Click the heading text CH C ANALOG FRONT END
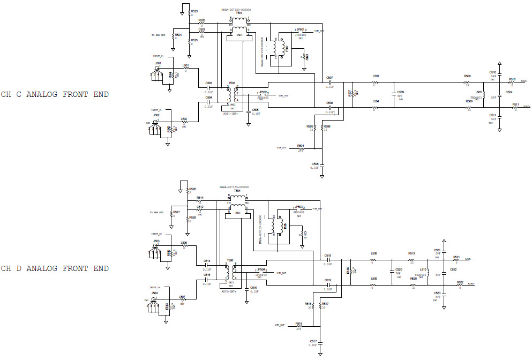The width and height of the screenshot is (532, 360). [x=55, y=95]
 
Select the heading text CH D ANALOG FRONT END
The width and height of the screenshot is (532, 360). [x=55, y=268]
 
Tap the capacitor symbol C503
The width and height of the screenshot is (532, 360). [x=208, y=87]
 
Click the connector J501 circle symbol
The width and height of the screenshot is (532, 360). [x=156, y=68]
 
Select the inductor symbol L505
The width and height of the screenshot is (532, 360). [x=484, y=95]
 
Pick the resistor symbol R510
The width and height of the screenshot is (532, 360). [x=512, y=82]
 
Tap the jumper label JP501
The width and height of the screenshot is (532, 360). [x=300, y=30]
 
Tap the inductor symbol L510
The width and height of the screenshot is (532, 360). [x=429, y=273]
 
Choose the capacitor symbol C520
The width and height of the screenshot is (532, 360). [x=392, y=273]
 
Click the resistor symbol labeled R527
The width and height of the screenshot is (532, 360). [x=173, y=215]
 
